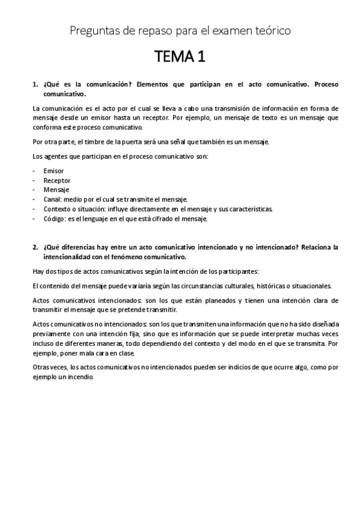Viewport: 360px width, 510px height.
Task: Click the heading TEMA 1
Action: (x=180, y=58)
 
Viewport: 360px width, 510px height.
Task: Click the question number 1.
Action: (x=34, y=85)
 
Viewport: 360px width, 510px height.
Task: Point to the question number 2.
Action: (x=34, y=247)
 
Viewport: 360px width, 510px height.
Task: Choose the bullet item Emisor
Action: (x=53, y=171)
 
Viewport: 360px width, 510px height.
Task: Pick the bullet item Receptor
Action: (x=56, y=180)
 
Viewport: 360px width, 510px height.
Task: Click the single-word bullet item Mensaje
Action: (x=56, y=190)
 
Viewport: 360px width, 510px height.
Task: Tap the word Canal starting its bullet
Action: (x=52, y=200)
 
